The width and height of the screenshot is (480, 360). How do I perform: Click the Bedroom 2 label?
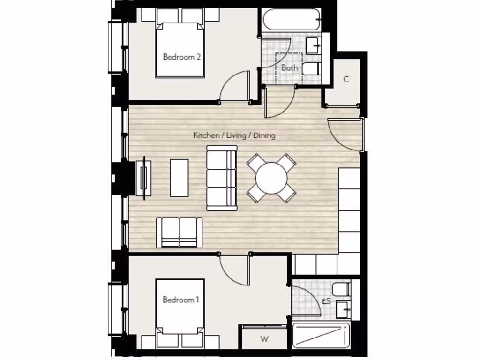(182, 57)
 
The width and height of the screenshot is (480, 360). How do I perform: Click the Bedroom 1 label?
(180, 300)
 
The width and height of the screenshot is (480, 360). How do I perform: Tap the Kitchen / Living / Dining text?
(234, 135)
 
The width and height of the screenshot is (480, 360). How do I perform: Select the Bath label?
(289, 67)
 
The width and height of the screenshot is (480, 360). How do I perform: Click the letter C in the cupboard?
(346, 79)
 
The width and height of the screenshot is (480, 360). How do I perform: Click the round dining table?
(271, 178)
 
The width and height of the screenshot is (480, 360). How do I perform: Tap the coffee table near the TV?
(179, 178)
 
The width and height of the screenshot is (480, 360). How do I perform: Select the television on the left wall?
(143, 177)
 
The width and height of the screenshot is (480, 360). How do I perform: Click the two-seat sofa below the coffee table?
(180, 232)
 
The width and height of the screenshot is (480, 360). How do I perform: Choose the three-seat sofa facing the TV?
(222, 178)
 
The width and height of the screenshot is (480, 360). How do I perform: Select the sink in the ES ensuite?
(343, 309)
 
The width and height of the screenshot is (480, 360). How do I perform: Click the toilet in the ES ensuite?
(341, 289)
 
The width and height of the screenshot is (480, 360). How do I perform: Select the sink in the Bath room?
(313, 45)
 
